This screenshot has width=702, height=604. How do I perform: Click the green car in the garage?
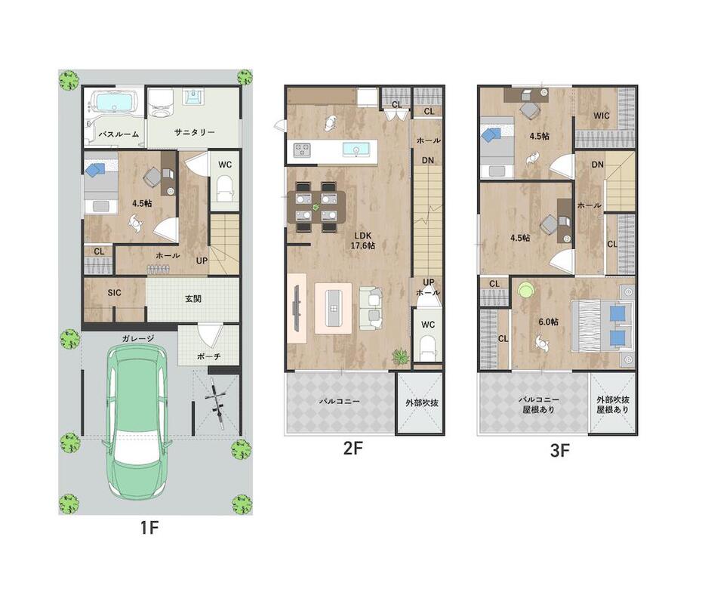[x=138, y=423]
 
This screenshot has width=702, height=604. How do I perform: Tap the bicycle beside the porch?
[x=216, y=400]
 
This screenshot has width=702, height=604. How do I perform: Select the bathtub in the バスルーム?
[x=115, y=102]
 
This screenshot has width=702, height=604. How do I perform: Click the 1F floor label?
[x=149, y=528]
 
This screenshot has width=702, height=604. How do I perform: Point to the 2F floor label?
[x=353, y=448]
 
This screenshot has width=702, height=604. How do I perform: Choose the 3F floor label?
[x=559, y=451]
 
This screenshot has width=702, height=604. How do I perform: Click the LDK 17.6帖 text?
[x=362, y=240]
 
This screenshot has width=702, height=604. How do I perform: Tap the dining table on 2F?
[x=316, y=208]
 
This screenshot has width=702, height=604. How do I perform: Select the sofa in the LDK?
[x=371, y=309]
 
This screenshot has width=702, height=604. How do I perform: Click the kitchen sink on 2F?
[x=356, y=149]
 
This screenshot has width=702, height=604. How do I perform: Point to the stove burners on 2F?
[x=302, y=149]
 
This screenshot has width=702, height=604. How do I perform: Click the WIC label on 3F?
[x=602, y=116]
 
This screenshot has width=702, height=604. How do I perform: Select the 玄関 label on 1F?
[x=193, y=299]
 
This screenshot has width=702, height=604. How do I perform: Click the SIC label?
[x=114, y=293]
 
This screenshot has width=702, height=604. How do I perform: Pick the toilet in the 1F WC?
[x=225, y=189]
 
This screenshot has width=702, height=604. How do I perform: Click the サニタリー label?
[x=194, y=132]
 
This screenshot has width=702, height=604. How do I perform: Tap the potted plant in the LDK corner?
[x=400, y=356]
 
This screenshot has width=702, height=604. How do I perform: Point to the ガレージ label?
[x=138, y=338]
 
